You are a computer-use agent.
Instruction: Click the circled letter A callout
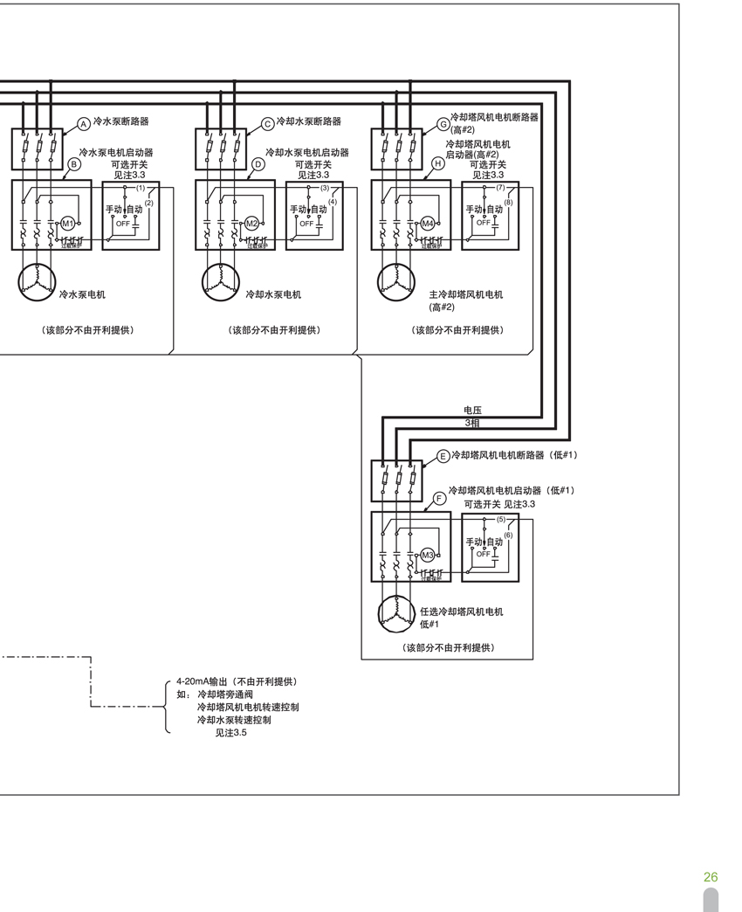pos(84,125)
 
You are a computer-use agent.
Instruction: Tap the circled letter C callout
pos(268,125)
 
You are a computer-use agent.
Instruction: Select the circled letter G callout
pos(443,125)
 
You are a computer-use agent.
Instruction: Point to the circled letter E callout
pos(443,456)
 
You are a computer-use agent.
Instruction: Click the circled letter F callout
pos(439,499)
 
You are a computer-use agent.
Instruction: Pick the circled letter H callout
pos(438,163)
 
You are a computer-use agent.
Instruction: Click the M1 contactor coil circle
pos(67,225)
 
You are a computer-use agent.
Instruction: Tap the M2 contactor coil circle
pos(251,225)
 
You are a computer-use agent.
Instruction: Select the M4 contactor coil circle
pos(428,225)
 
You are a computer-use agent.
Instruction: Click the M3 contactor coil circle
pos(428,556)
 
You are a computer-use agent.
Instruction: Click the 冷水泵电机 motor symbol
pos(35,280)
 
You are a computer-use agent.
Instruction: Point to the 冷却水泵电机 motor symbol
pos(218,280)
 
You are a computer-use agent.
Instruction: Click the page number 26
pos(711,877)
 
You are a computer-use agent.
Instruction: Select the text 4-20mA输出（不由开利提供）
pos(236,681)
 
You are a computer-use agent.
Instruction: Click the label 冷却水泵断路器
pos(308,121)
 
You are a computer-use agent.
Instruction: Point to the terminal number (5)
pos(501,519)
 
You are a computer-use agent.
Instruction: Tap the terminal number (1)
pos(141,188)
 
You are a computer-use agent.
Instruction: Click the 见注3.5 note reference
pos(231,733)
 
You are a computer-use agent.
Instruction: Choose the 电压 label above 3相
pos(472,410)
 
